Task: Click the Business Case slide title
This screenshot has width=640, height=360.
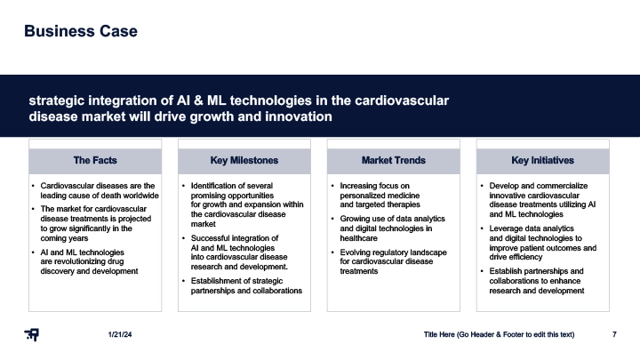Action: (x=81, y=31)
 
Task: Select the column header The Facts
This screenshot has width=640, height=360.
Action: (x=95, y=160)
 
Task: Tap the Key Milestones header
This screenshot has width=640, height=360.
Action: (x=244, y=160)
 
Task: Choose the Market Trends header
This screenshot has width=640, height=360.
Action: (x=394, y=160)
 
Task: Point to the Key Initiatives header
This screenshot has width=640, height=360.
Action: (x=542, y=160)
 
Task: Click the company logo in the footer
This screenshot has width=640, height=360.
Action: (x=31, y=335)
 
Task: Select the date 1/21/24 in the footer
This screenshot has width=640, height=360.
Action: (x=120, y=335)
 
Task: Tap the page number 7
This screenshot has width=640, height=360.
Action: (x=614, y=335)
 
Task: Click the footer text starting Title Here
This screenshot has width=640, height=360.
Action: (x=499, y=335)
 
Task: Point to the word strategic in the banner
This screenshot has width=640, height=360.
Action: (x=56, y=100)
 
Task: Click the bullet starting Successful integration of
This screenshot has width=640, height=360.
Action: (x=239, y=252)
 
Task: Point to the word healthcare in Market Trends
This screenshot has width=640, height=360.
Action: (x=358, y=238)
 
